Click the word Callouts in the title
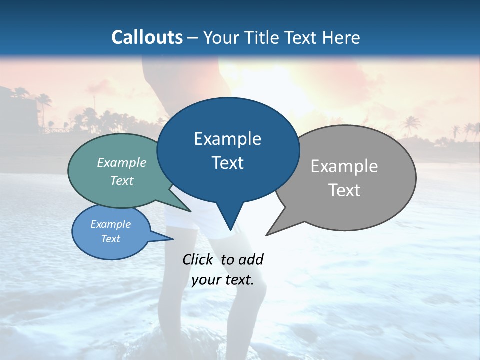click(x=147, y=37)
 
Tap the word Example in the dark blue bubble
click(x=227, y=139)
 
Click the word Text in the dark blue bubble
click(x=227, y=163)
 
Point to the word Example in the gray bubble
click(x=344, y=166)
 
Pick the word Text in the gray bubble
click(x=344, y=190)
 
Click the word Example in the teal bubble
click(x=122, y=162)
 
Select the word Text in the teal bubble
click(x=122, y=180)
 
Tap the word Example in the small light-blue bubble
click(x=111, y=224)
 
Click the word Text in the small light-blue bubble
click(x=111, y=238)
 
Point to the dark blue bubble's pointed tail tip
click(x=230, y=230)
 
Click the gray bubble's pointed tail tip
click(x=266, y=235)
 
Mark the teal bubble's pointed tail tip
click(x=190, y=212)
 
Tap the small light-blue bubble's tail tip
click(x=173, y=239)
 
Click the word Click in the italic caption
click(x=197, y=259)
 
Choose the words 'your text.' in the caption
click(x=223, y=280)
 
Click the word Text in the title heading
click(x=300, y=37)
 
